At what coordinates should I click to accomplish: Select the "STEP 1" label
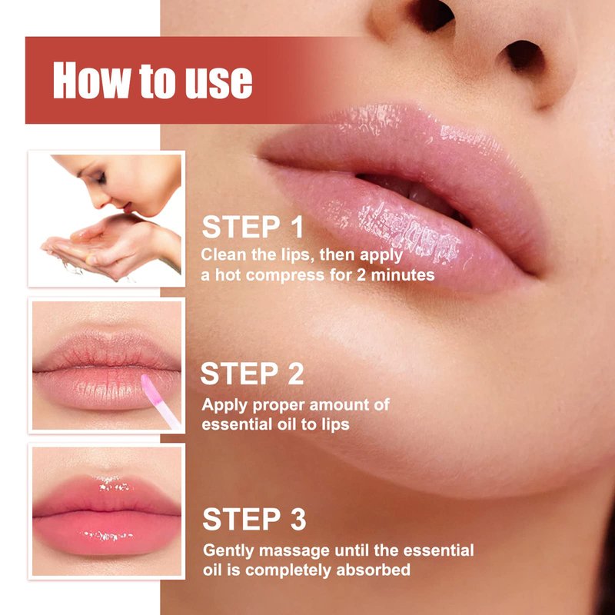click(253, 227)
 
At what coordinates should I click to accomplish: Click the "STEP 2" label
click(252, 373)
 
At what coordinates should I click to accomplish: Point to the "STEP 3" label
click(254, 519)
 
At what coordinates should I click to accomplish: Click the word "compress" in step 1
click(285, 275)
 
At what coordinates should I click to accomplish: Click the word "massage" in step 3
click(294, 551)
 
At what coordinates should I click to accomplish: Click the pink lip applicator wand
click(160, 401)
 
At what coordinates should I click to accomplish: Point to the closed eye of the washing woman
click(100, 178)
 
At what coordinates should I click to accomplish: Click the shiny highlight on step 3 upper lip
click(113, 484)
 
